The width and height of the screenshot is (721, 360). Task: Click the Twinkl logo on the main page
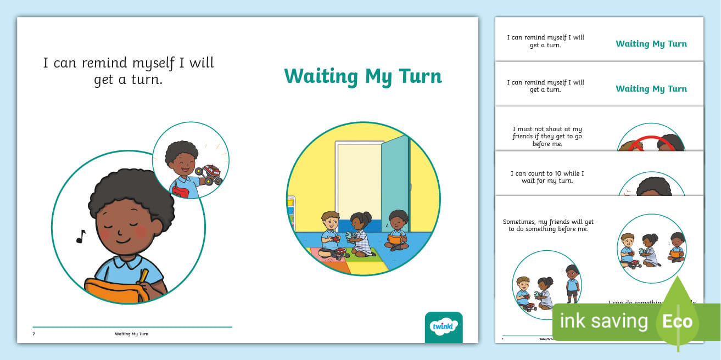444,327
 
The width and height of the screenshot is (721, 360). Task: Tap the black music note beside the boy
81,237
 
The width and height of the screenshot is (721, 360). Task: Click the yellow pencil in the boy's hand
144,275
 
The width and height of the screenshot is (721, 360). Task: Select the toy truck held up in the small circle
211,174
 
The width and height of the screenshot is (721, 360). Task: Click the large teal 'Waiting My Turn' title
362,76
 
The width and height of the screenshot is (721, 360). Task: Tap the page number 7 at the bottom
34,334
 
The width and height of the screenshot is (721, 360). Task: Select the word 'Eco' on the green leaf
677,320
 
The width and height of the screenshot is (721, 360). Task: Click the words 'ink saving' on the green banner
603,321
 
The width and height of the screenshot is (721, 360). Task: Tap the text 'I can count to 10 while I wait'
547,177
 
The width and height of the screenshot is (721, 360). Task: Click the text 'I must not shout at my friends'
547,136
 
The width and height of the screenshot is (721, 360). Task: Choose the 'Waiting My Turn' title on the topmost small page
651,44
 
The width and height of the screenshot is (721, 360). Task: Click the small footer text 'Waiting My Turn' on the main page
131,334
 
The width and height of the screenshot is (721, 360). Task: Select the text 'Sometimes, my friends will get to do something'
548,225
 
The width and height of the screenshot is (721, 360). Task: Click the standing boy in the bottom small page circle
572,283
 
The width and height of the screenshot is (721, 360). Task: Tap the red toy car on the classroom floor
340,254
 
